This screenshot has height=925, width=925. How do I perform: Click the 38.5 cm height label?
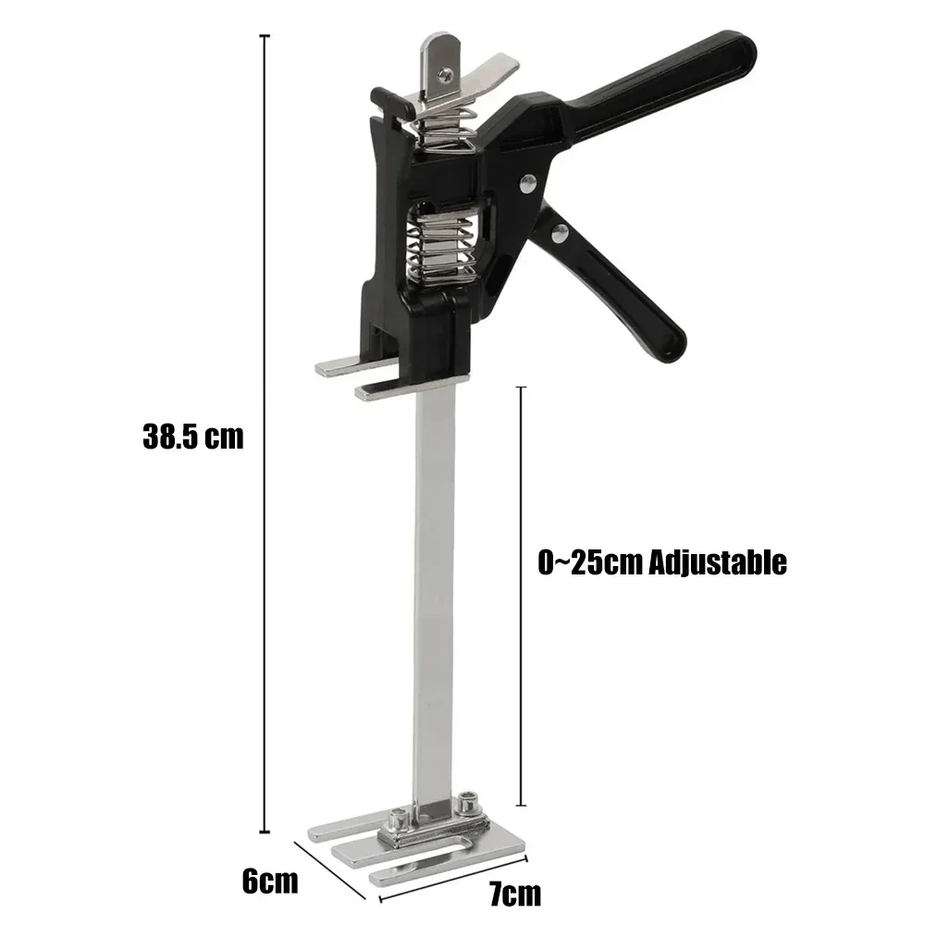pyautogui.click(x=193, y=436)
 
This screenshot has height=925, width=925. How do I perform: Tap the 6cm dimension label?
pyautogui.click(x=269, y=880)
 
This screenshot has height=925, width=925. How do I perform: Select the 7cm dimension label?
pyautogui.click(x=515, y=894)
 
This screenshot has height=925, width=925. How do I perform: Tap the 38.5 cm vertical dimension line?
pyautogui.click(x=266, y=435)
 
